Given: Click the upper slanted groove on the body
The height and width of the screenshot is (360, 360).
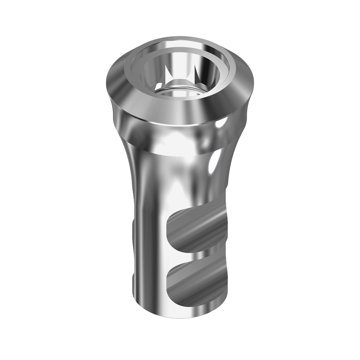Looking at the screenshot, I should [x=198, y=230].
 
